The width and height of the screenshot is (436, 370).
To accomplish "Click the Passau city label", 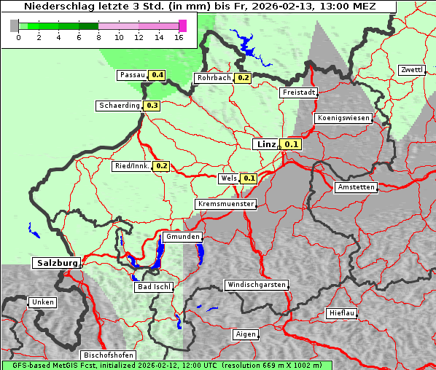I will pyautogui.click(x=132, y=75).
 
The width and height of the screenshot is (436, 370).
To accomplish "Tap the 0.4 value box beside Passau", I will pyautogui.click(x=157, y=75).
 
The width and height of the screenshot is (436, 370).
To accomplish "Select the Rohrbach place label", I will pyautogui.click(x=213, y=78).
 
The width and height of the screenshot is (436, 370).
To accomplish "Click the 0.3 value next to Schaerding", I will pyautogui.click(x=152, y=106).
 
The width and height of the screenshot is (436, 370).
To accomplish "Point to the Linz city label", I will pyautogui.click(x=265, y=144).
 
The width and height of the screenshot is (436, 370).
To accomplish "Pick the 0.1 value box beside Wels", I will pyautogui.click(x=249, y=178).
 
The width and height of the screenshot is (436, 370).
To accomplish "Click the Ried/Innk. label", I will pyautogui.click(x=132, y=166).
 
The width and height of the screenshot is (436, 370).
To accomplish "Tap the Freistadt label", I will pyautogui.click(x=298, y=92).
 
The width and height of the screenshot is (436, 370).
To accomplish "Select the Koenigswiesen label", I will pyautogui.click(x=343, y=118).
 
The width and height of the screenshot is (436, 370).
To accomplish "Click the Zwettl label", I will pyautogui.click(x=411, y=70).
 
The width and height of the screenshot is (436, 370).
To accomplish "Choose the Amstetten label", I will pyautogui.click(x=355, y=187).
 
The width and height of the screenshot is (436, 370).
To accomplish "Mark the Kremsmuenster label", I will pyautogui.click(x=226, y=204).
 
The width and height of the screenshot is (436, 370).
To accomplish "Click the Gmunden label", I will pyautogui.click(x=182, y=237).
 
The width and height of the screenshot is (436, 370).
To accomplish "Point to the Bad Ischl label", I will pyautogui.click(x=154, y=287).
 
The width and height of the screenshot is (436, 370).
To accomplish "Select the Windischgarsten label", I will pyautogui.click(x=256, y=285).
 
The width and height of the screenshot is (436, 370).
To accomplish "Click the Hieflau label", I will pyautogui.click(x=342, y=313).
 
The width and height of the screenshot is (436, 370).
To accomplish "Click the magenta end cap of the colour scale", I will pyautogui.click(x=182, y=25).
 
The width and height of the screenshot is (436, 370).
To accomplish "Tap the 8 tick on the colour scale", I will pyautogui.click(x=98, y=38).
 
